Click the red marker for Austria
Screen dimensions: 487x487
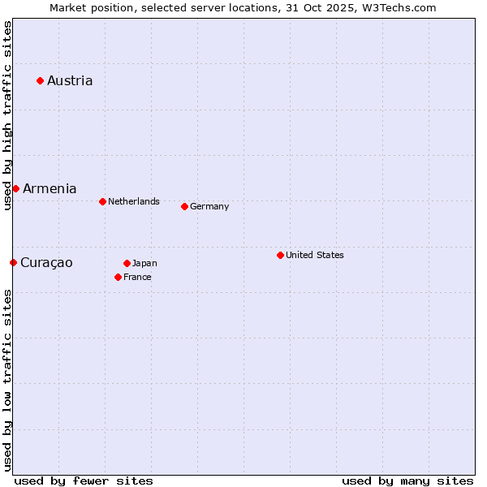tap(40, 80)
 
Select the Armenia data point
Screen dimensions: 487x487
tap(15, 188)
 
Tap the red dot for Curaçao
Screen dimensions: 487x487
tap(13, 262)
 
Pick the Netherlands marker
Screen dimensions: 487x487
tap(102, 201)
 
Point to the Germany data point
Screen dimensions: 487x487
tap(184, 206)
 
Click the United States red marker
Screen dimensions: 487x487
tap(280, 255)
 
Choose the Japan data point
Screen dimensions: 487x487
tap(127, 263)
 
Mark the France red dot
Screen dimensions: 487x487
tap(118, 277)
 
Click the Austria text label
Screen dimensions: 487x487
tap(70, 80)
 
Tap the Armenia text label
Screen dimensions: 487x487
tap(50, 188)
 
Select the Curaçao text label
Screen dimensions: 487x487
tap(46, 262)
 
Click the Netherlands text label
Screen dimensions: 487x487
tap(134, 201)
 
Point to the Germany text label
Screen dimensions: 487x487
tap(209, 206)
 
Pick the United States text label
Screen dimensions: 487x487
tap(315, 255)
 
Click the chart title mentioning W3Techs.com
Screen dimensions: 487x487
tap(243, 7)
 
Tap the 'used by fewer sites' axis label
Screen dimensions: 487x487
tap(84, 481)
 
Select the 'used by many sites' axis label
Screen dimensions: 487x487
tap(407, 481)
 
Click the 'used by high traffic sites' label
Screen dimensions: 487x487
tap(7, 115)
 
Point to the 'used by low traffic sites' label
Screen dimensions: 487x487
tap(7, 380)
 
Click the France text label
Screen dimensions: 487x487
tap(137, 277)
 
